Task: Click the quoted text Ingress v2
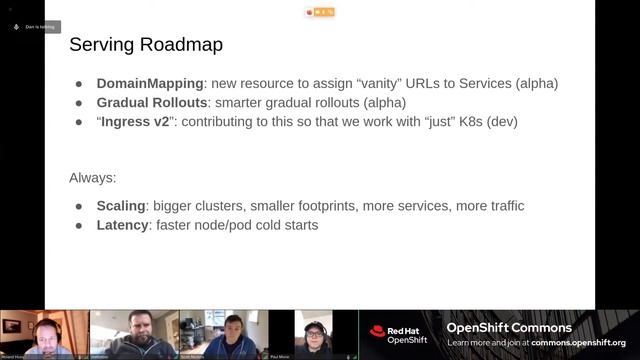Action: [x=138, y=121]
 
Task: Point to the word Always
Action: [x=92, y=178]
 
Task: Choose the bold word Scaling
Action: [x=121, y=206]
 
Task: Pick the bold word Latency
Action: [x=122, y=225]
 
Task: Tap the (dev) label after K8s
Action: [x=504, y=121]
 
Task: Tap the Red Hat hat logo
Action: [x=377, y=331]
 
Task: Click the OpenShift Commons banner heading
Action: [x=509, y=328]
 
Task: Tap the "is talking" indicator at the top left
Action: [x=37, y=27]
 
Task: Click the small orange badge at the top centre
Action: [x=321, y=13]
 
